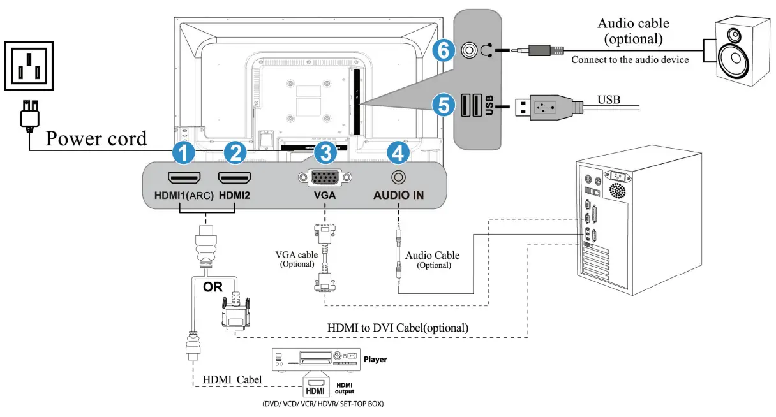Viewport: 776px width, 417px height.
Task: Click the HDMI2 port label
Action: coord(234,196)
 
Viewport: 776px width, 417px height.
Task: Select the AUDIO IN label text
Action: coord(398,196)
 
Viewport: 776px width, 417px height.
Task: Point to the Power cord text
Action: coord(96,138)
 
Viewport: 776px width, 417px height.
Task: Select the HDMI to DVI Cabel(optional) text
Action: coord(398,328)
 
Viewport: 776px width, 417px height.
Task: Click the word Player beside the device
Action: coord(375,360)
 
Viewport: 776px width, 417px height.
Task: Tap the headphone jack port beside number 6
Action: coord(470,49)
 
